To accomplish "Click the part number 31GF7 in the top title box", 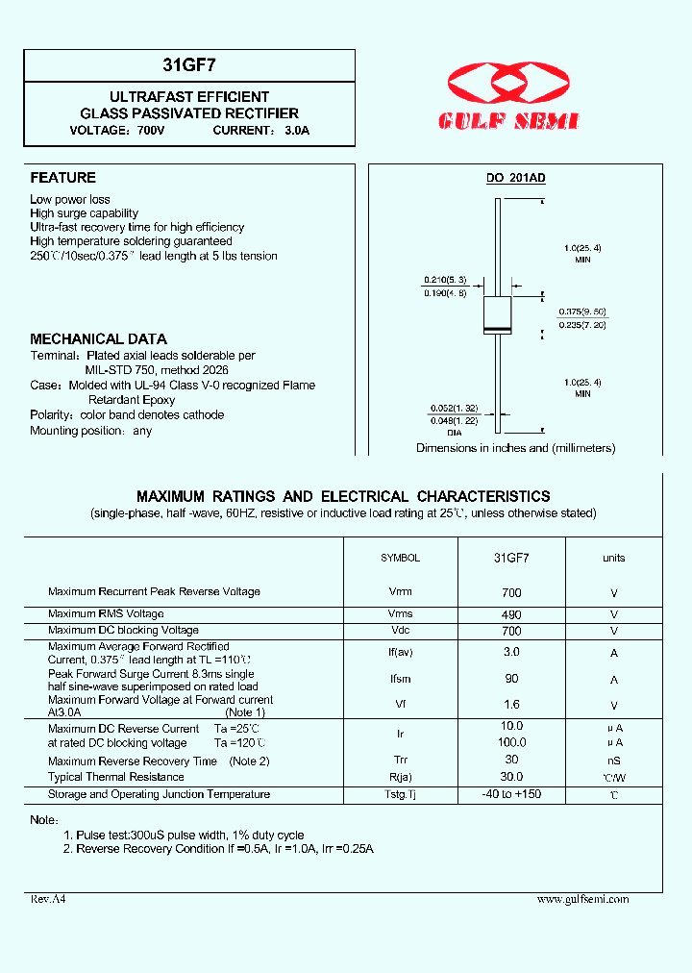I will tap(188, 65).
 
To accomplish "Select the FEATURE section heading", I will tap(62, 178).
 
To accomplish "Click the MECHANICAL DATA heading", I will tap(98, 339).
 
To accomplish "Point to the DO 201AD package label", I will tap(515, 179).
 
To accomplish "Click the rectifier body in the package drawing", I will tap(496, 316).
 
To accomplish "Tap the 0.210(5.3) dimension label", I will tap(445, 280).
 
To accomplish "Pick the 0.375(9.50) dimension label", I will tap(582, 312).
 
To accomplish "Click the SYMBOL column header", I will tap(400, 558).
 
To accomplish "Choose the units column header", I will tap(613, 558).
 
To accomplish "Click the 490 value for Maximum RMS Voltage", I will tap(511, 614).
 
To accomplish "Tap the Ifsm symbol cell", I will tap(400, 680).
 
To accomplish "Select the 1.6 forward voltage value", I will tap(511, 705).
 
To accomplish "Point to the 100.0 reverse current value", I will tap(511, 742).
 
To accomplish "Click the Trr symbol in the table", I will tap(400, 761).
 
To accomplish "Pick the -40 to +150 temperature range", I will tap(511, 794).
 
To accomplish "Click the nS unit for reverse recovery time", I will tap(613, 761).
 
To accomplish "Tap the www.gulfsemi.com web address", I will tap(582, 899).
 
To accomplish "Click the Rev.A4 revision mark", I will tap(48, 899).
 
